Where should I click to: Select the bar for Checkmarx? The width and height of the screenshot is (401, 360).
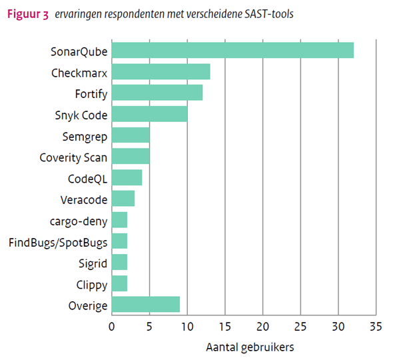coord(161,72)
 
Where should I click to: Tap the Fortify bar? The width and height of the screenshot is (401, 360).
coord(157,93)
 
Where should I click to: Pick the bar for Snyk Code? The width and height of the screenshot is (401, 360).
coord(149,114)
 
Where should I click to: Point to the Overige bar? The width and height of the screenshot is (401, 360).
coord(145,305)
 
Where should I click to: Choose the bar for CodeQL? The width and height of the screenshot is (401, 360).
coord(127,178)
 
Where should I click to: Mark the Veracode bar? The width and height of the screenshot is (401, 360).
coord(123,199)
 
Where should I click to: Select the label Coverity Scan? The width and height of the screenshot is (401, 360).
coord(73,157)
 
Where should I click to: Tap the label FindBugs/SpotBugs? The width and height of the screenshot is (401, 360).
coord(58,242)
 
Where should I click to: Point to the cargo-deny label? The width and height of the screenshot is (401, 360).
coord(79,221)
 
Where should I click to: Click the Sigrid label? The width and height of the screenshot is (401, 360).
coord(92,263)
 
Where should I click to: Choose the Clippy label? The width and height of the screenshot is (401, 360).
coord(91,285)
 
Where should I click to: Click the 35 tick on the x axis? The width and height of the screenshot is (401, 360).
coord(376,327)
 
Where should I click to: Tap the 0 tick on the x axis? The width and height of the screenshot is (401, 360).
coord(111,327)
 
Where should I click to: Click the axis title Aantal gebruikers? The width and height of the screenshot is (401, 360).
coord(249,347)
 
